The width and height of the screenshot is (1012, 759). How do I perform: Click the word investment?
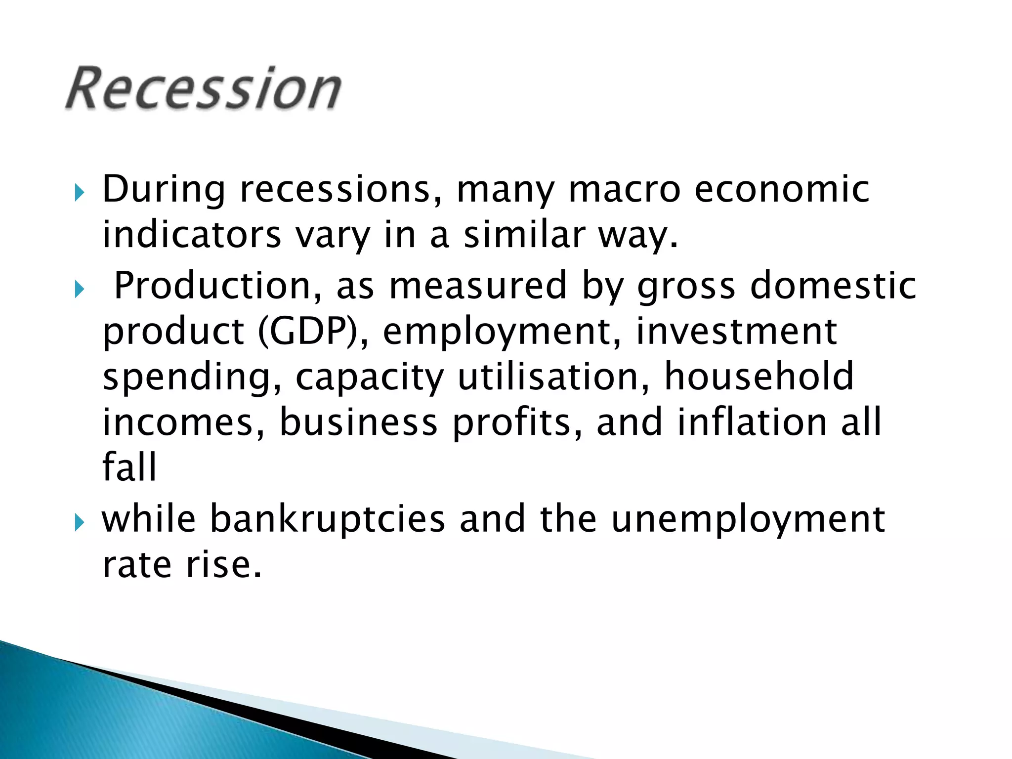click(736, 332)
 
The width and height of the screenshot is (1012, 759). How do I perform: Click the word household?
click(759, 377)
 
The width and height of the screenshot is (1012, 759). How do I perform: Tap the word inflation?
click(752, 422)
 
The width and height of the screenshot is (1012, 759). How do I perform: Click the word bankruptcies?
click(328, 520)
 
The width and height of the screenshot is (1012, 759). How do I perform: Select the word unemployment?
click(748, 520)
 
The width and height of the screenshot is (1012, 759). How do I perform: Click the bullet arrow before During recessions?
click(80, 192)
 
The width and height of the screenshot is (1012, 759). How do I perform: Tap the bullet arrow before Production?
click(80, 289)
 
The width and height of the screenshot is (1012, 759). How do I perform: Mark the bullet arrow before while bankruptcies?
click(80, 522)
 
